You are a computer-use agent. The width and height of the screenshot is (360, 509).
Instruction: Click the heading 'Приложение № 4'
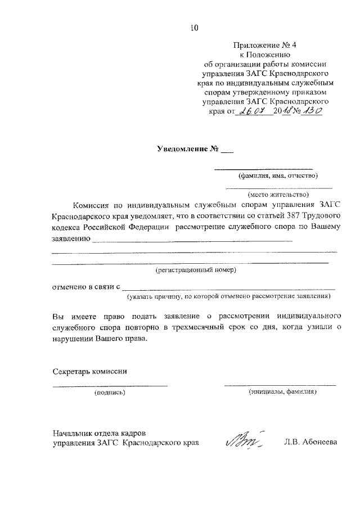[264, 45]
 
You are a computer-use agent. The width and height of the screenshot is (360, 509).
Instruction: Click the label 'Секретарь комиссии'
[90, 371]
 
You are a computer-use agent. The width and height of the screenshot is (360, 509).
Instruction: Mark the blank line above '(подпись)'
[110, 386]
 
